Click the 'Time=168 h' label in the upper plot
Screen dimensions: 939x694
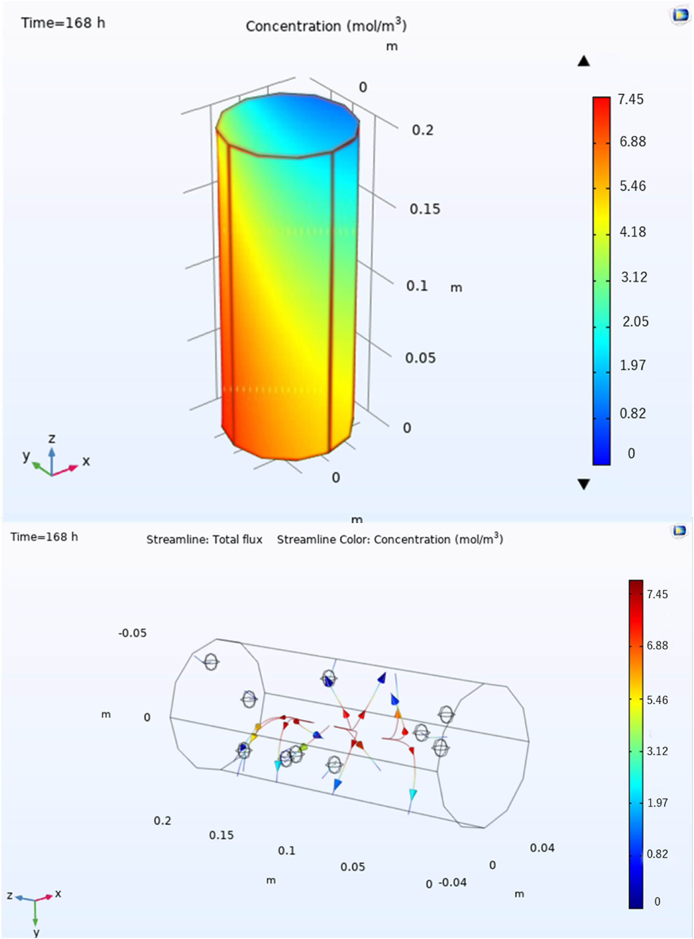coord(63,23)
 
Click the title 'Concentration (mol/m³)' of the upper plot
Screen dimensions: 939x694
coord(326,26)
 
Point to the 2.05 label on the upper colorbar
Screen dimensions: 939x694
coord(635,322)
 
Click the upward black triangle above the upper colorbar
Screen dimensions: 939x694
coord(584,61)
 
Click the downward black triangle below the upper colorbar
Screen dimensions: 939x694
coord(584,484)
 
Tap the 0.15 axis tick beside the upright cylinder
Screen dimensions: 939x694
coord(425,209)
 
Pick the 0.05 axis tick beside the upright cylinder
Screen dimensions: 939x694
coord(420,358)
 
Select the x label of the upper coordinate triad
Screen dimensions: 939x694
coord(86,461)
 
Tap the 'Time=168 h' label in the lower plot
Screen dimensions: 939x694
coord(44,537)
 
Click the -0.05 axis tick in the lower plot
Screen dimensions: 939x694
coord(132,633)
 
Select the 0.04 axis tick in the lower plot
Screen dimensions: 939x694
coord(542,848)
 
